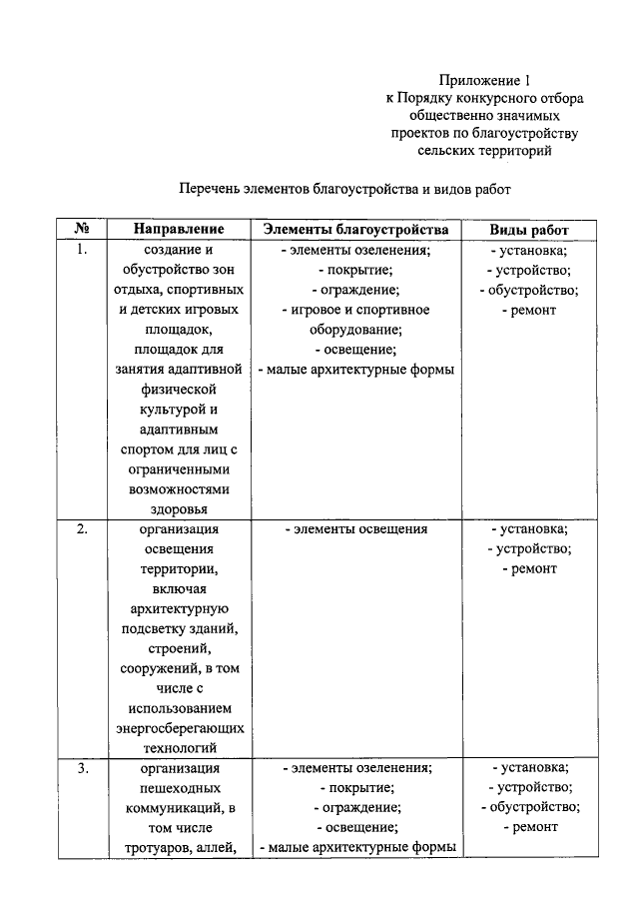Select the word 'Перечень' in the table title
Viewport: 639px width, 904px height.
click(x=213, y=188)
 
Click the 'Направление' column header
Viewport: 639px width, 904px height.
click(x=180, y=229)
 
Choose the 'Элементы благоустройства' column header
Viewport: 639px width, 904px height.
click(x=355, y=229)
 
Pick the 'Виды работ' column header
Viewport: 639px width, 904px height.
click(x=528, y=229)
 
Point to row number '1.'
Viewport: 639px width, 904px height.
click(x=84, y=251)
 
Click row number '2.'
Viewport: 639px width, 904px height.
click(x=84, y=529)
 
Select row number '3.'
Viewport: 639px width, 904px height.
click(x=84, y=768)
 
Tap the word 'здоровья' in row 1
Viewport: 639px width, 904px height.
click(x=180, y=508)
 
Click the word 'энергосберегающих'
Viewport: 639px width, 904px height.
click(x=180, y=728)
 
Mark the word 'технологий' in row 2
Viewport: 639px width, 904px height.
click(x=180, y=748)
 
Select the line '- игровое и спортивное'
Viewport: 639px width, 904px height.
click(x=355, y=310)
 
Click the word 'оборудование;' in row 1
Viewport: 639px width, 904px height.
click(x=355, y=330)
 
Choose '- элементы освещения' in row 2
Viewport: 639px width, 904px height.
click(x=355, y=529)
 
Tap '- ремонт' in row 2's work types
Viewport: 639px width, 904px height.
click(x=528, y=568)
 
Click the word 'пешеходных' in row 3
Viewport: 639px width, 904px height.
click(x=180, y=788)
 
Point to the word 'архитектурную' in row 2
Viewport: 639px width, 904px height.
click(x=180, y=608)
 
